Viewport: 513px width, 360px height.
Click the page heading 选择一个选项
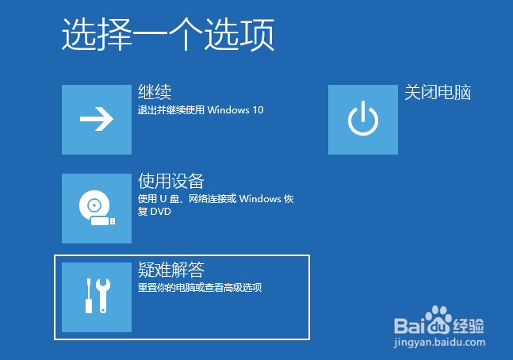point(168,35)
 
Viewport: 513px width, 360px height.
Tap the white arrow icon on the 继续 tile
point(97,119)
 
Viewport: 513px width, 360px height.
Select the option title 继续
point(155,92)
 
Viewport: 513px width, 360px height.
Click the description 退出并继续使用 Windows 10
point(201,110)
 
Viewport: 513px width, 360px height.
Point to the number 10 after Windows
point(258,110)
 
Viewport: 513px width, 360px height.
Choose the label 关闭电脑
point(438,92)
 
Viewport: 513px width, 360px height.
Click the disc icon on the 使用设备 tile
point(94,205)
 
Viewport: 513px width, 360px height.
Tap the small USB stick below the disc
point(103,221)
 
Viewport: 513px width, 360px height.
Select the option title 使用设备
point(171,181)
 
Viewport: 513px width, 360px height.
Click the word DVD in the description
point(161,212)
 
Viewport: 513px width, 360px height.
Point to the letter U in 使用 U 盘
point(163,199)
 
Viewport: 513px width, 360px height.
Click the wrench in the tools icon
point(103,295)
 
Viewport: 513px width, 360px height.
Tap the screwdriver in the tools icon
point(89,296)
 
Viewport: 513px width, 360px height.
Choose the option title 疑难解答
point(171,270)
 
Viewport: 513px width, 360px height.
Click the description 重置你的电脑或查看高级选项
point(200,288)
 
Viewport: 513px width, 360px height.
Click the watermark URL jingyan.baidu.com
point(439,343)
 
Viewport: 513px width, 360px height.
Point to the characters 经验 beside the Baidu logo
point(469,326)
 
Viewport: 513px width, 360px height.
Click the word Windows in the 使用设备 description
point(260,199)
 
